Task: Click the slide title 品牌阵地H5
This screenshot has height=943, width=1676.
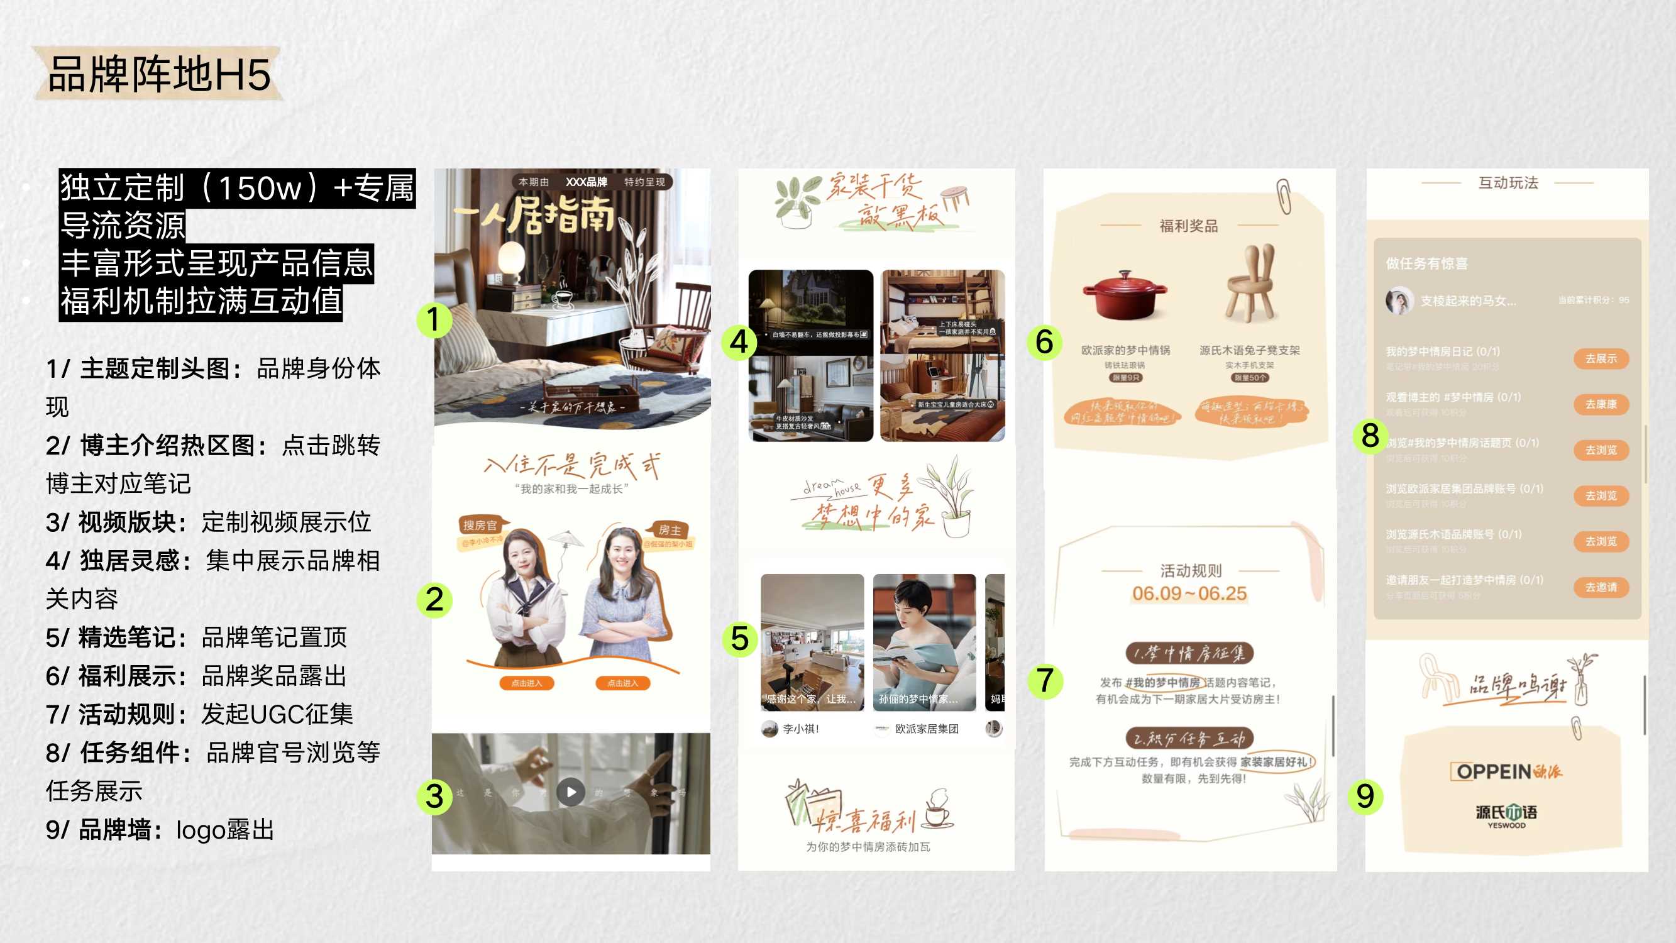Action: tap(159, 74)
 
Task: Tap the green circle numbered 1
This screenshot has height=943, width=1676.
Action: tap(434, 319)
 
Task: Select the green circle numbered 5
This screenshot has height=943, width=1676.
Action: tap(740, 639)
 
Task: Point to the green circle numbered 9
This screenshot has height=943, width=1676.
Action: tap(1365, 796)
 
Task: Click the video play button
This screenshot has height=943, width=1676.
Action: tap(571, 792)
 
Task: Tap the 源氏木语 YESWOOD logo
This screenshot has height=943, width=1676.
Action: tap(1506, 815)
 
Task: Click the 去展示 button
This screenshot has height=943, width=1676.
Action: tap(1601, 358)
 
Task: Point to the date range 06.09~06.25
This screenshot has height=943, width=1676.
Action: tap(1189, 593)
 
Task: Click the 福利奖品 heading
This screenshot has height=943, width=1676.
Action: tap(1189, 226)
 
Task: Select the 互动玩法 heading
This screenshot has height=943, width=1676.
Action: tap(1508, 183)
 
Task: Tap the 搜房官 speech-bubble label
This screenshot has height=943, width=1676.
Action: tap(480, 525)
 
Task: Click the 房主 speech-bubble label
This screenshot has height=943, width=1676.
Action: tap(670, 530)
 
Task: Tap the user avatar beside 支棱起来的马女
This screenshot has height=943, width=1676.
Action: tap(1399, 301)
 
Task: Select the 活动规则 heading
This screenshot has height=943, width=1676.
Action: tap(1191, 571)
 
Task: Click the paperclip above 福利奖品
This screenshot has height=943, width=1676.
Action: tap(1284, 196)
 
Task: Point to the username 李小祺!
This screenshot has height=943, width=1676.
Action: tap(800, 729)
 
